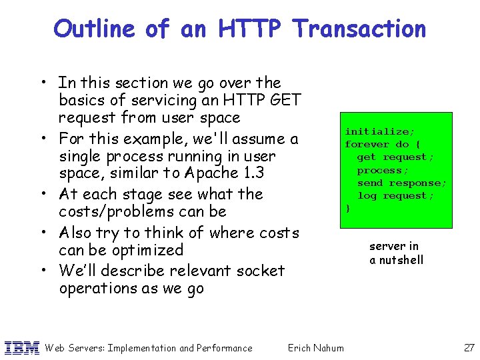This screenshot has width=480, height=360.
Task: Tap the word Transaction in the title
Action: pos(359,29)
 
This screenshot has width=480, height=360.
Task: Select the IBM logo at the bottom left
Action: pos(22,347)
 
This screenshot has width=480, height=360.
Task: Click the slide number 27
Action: pos(468,347)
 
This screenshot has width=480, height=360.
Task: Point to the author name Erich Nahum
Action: pos(315,347)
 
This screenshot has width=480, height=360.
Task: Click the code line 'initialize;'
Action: pos(378,132)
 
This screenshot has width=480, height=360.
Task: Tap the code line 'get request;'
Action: pos(395,157)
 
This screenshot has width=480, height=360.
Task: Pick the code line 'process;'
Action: pos(383,170)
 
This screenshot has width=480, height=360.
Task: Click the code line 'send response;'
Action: pos(401,183)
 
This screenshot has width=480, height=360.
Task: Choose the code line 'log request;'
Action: pos(395,196)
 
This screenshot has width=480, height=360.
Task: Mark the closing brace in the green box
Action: pos(347,209)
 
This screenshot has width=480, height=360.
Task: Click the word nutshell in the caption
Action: pos(401,260)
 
